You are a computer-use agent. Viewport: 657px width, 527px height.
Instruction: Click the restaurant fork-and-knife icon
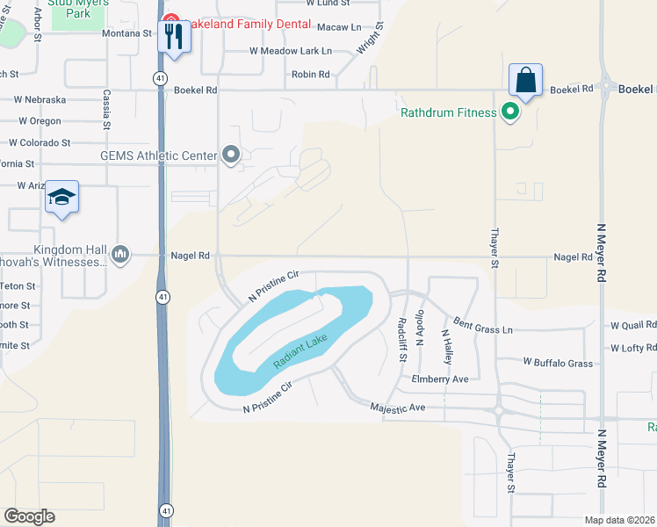tap(173, 37)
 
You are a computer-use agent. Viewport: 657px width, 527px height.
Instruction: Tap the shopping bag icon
tap(525, 80)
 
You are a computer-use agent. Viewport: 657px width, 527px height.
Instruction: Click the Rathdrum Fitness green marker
tap(509, 112)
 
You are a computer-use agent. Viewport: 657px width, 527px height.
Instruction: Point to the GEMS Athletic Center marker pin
tap(231, 155)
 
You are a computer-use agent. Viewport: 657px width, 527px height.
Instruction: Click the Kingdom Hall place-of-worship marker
tap(121, 256)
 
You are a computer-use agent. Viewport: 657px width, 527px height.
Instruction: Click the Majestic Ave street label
tap(397, 408)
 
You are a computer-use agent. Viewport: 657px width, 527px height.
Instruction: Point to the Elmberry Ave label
tap(440, 379)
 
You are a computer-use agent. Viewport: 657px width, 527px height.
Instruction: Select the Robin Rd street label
tap(310, 75)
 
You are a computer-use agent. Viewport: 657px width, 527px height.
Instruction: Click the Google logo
tap(29, 516)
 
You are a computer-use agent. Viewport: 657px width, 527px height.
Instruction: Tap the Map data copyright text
tap(620, 520)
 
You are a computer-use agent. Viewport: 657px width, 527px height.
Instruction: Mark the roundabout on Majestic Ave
tap(500, 410)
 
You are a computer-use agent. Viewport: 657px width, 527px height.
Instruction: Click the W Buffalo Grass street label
tap(558, 362)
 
